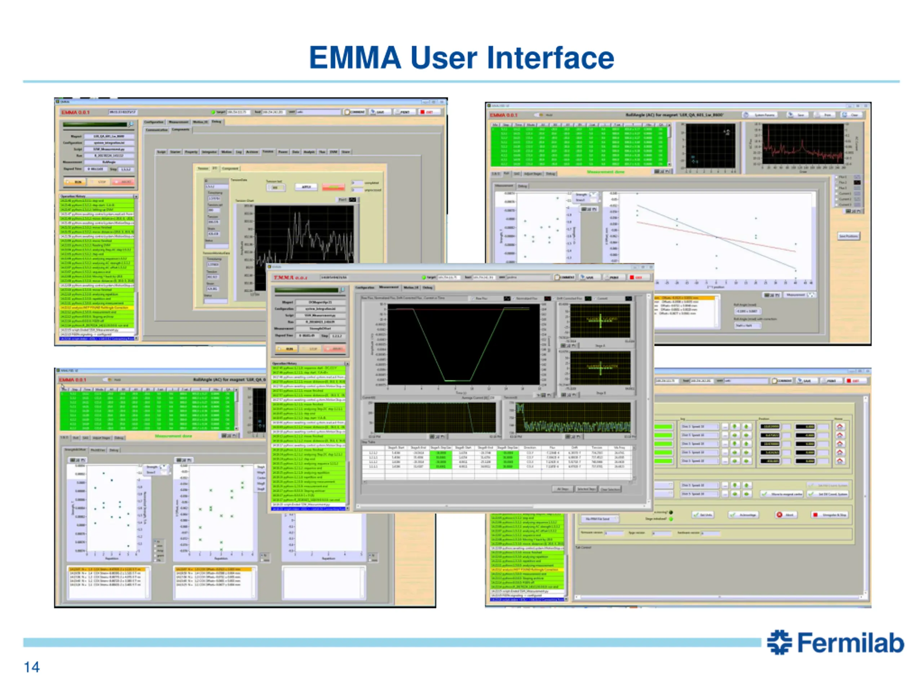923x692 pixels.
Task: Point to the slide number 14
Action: [x=32, y=667]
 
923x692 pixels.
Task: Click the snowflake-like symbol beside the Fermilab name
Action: [x=779, y=642]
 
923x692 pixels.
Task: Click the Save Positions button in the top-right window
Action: [x=848, y=236]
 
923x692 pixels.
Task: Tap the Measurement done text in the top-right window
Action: [x=605, y=172]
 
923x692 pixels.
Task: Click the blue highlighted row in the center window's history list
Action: [x=309, y=509]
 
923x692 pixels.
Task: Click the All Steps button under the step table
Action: [x=563, y=489]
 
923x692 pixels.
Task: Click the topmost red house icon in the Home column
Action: [x=840, y=426]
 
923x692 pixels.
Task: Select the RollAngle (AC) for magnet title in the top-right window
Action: [x=674, y=115]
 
